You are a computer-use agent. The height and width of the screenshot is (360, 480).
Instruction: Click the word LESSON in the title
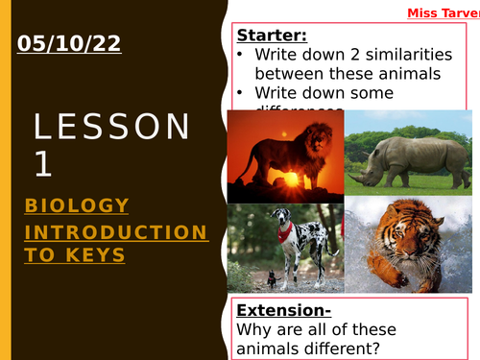[x=112, y=127]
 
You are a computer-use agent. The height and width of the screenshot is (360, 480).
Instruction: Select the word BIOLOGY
[x=77, y=205]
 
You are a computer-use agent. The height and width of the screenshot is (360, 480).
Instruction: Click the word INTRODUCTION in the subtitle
[x=115, y=232]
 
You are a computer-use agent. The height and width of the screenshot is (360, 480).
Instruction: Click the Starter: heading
[x=272, y=36]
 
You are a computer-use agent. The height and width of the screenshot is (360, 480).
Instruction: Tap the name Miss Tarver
[x=442, y=12]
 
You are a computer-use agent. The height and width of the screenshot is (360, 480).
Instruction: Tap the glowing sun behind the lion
[x=285, y=179]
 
